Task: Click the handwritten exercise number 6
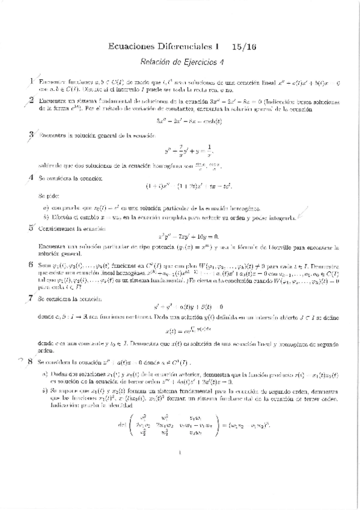(x=31, y=265)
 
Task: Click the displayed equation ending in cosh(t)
(x=180, y=121)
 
